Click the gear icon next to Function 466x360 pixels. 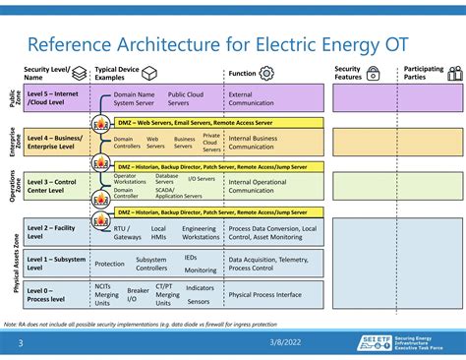(266, 74)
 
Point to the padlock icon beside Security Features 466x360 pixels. (374, 74)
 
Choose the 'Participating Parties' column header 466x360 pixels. (423, 74)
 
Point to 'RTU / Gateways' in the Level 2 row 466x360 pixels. (128, 232)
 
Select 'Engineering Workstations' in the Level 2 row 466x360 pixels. (201, 232)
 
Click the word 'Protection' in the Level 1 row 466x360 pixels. (109, 264)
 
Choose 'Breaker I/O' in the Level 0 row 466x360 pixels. (138, 294)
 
